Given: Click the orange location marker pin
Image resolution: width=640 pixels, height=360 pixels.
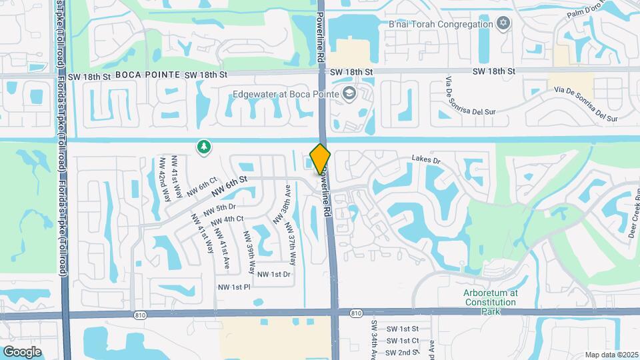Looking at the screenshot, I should coord(320,159).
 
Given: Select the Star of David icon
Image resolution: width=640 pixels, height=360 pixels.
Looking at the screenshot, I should coord(503,24).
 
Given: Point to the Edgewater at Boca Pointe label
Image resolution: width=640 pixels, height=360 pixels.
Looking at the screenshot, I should coord(285,94).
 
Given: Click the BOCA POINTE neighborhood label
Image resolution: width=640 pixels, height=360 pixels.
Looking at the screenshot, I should coord(147,75).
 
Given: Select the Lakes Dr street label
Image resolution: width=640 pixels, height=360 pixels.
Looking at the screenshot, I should coord(427,160).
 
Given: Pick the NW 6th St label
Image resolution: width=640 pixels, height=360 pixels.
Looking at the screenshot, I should coord(229,186).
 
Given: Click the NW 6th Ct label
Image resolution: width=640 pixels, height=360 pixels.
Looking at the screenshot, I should coord(202,187).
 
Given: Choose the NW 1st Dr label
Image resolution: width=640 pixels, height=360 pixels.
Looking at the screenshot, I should coord(274,274).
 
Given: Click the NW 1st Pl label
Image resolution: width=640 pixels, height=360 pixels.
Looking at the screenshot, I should coord(233,287).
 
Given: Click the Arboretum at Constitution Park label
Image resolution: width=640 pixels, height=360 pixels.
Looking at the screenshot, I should coord(490,297).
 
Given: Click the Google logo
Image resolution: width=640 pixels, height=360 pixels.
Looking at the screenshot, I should coord(22,351).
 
